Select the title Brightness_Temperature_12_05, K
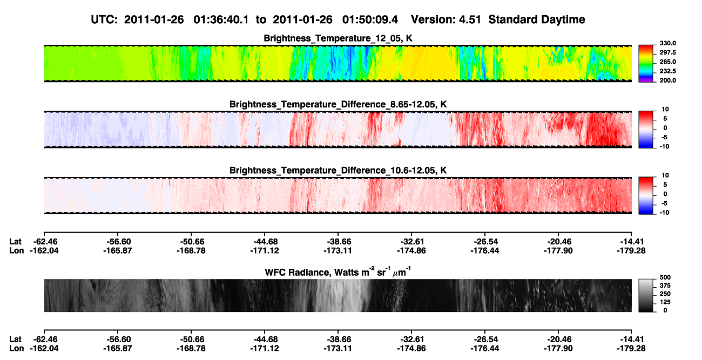338,38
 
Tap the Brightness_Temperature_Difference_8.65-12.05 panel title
338,104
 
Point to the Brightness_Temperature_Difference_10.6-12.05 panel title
338,171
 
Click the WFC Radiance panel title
338,272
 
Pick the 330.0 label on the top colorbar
667,43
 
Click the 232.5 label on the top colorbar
667,71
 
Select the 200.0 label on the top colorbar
667,80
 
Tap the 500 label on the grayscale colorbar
665,277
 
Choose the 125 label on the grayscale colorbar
665,302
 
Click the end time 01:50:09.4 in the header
370,19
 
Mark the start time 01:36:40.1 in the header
221,19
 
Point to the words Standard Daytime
537,19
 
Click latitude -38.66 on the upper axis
338,242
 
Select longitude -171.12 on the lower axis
265,349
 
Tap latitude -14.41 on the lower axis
631,339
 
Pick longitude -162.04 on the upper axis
44,250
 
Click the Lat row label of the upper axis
15,242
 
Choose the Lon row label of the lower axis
17,349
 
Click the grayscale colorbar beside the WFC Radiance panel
646,295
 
